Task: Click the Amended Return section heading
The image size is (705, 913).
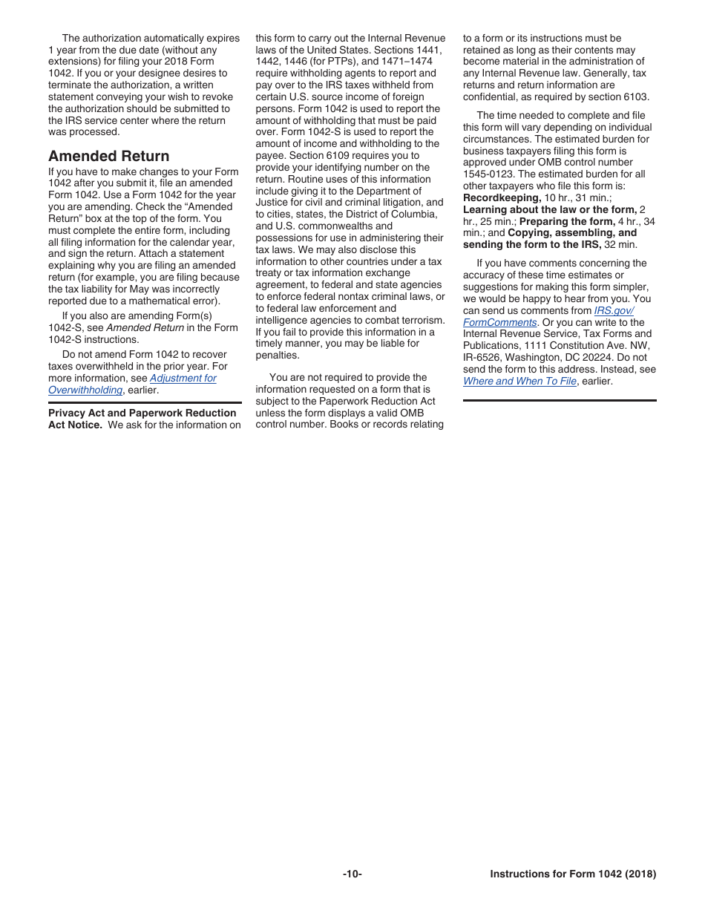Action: (x=108, y=156)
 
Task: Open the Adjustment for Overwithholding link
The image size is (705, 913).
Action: (x=183, y=379)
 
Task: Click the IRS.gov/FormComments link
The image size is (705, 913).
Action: (x=614, y=311)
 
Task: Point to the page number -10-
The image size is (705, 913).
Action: (x=352, y=874)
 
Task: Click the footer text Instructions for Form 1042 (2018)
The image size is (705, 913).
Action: (x=573, y=874)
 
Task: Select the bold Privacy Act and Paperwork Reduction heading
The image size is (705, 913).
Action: (x=142, y=413)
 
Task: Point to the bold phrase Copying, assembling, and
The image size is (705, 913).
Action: (x=572, y=233)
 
